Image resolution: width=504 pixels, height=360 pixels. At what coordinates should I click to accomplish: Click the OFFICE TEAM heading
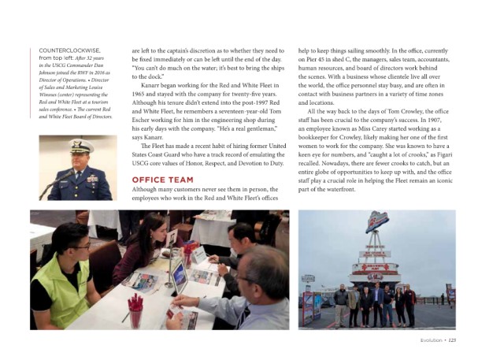click(162, 180)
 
